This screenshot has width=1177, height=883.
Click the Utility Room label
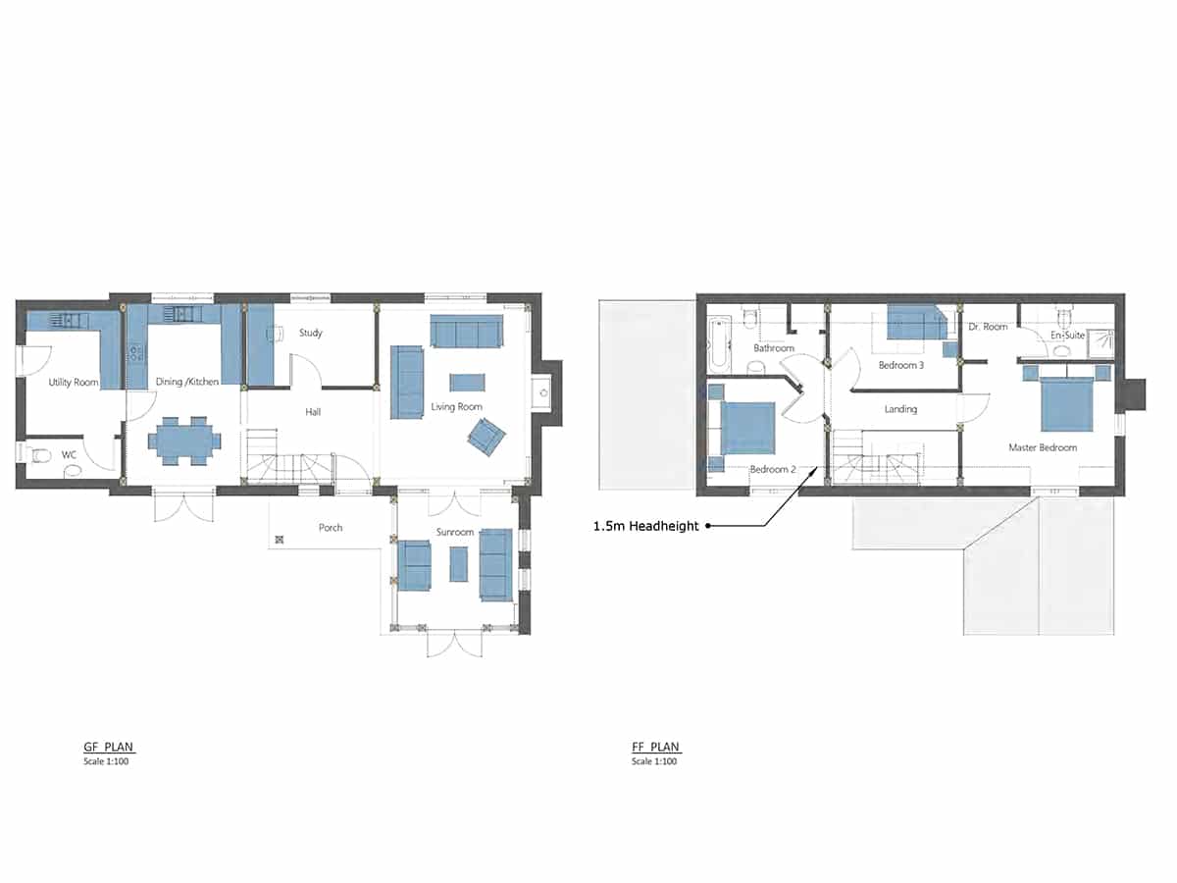point(74,383)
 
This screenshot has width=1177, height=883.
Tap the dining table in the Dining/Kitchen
point(184,441)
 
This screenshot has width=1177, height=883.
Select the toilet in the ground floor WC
point(38,455)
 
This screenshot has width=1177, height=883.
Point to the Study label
point(311,333)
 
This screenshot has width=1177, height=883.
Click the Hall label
point(313,412)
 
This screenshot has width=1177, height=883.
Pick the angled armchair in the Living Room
point(486,437)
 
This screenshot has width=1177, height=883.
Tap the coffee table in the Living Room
point(467,383)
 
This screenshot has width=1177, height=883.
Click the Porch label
point(331,528)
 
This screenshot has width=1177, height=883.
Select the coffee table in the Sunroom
point(458,564)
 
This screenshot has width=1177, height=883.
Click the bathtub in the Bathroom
point(719,344)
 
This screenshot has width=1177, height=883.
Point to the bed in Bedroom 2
point(747,428)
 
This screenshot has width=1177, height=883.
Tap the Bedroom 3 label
point(901,365)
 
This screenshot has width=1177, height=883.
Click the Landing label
point(900,409)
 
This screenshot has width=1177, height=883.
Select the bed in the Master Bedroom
point(1067,403)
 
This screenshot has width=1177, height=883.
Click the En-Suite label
point(1067,336)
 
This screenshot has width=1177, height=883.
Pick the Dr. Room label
point(988,327)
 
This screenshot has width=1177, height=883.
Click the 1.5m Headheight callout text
point(645,526)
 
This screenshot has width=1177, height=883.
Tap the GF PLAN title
point(108,747)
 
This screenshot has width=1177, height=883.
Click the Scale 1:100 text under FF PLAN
point(654,761)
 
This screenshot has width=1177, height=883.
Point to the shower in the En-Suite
point(1100,343)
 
